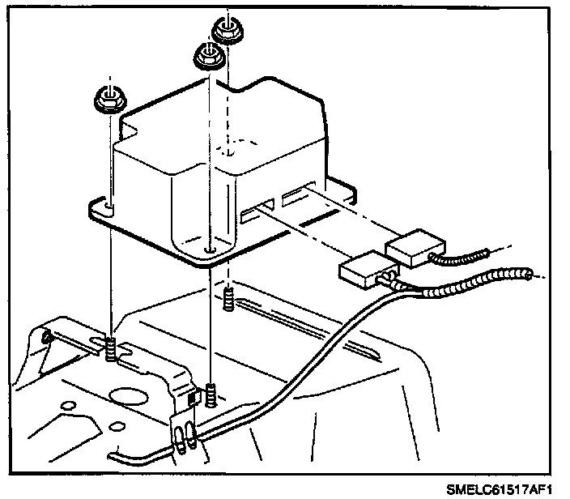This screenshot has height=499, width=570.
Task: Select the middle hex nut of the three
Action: click(208, 58)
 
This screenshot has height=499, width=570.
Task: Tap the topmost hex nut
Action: click(228, 32)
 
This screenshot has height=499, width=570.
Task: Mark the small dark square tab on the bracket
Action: click(194, 399)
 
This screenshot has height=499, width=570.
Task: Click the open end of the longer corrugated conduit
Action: click(530, 275)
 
